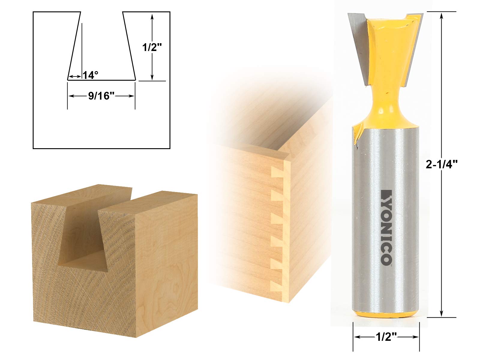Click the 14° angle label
pyautogui.click(x=90, y=75)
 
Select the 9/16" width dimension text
pyautogui.click(x=101, y=96)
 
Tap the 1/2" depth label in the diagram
pyautogui.click(x=152, y=47)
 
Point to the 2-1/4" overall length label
pyautogui.click(x=442, y=164)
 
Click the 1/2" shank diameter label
pyautogui.click(x=386, y=337)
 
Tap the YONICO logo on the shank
pyautogui.click(x=386, y=227)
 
